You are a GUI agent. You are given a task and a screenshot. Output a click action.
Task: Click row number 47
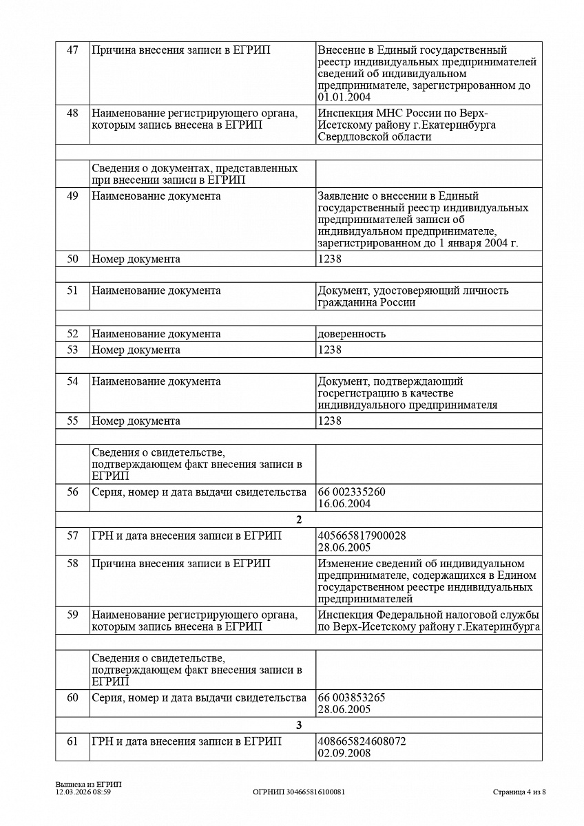(72, 50)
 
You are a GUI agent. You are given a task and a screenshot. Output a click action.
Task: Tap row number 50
(72, 260)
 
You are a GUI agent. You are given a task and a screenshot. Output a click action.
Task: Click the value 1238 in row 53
(329, 350)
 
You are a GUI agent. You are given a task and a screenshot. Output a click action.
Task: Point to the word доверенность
(351, 334)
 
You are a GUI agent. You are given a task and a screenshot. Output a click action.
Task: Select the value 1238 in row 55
(329, 421)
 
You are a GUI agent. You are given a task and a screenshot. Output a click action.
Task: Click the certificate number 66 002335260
(351, 492)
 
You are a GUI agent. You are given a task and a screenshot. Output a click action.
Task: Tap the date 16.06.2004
(344, 504)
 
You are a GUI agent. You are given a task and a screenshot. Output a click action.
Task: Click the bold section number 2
(299, 520)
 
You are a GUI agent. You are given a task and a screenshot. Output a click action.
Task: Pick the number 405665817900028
(362, 536)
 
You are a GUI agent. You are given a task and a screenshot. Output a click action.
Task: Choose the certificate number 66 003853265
(351, 697)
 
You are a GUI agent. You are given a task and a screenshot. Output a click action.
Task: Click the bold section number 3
(299, 726)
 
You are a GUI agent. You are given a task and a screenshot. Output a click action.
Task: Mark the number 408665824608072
(362, 741)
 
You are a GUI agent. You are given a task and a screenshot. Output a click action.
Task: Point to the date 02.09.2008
(344, 753)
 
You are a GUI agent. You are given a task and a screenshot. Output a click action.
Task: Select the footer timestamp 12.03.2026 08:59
(83, 792)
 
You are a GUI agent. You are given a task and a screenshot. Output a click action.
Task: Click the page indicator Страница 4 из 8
(519, 792)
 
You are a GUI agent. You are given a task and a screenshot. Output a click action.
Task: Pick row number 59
(72, 615)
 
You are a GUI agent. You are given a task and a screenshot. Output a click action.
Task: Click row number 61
(72, 741)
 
